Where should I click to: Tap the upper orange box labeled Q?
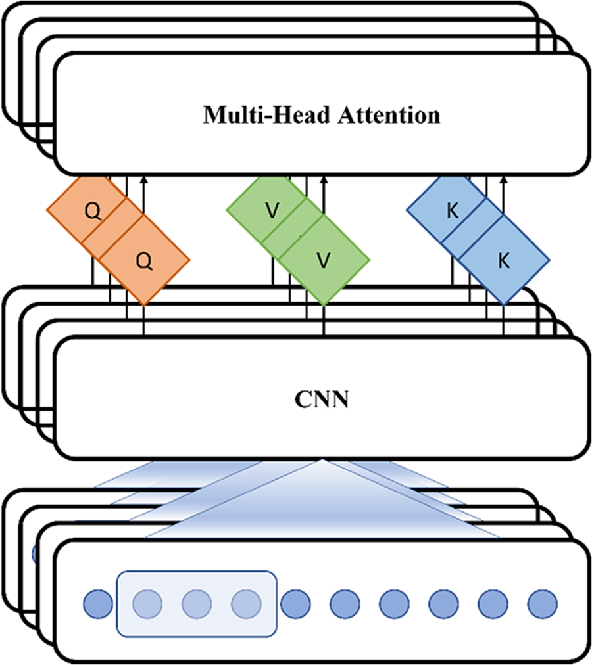coord(93,211)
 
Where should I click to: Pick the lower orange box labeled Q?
coord(144,260)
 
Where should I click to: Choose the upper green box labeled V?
coord(272,211)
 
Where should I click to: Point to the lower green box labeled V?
coord(323,260)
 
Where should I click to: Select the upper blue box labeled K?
coord(452,211)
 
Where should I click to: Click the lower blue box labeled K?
coord(503,260)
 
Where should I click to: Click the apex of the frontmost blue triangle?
coord(322,461)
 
